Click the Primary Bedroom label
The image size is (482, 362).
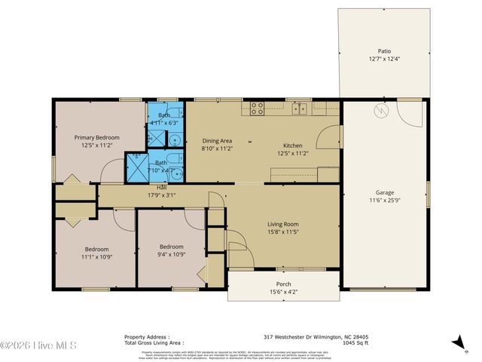(x=97, y=137)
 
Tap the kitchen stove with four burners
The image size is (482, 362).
(x=257, y=108)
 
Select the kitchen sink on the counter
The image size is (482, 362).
(x=300, y=109)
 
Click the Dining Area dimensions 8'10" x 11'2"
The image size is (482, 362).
(x=217, y=149)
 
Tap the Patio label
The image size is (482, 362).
(x=384, y=52)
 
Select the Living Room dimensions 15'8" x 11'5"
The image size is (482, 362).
(x=283, y=232)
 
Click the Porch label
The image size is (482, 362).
(x=283, y=284)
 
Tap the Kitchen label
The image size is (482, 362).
(x=292, y=145)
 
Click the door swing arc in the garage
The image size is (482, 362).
(x=410, y=114)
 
